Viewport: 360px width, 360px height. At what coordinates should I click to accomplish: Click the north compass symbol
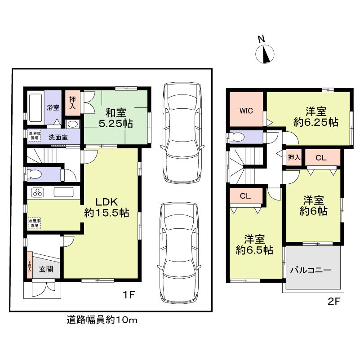click(265, 54)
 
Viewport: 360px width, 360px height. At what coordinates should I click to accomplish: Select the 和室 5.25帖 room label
click(116, 118)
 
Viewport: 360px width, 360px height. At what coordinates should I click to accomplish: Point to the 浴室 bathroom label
click(53, 107)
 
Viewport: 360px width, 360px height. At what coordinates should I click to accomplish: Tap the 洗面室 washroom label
click(58, 137)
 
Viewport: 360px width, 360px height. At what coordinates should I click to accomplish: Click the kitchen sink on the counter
click(63, 192)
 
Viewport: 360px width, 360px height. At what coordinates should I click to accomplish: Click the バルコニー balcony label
click(311, 271)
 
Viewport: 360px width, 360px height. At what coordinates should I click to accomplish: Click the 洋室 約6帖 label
click(314, 205)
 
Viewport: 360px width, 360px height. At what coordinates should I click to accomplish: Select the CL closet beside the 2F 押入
click(321, 158)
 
